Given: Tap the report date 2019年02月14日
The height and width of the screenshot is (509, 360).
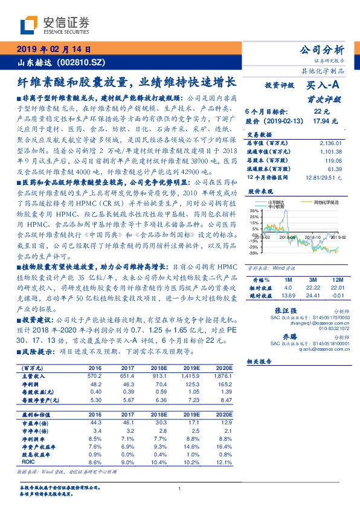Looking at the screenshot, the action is click(x=54, y=49).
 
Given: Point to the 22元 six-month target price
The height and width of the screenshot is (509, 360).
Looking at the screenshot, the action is click(x=321, y=111).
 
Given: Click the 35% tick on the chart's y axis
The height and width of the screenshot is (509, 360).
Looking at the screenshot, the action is click(x=253, y=210).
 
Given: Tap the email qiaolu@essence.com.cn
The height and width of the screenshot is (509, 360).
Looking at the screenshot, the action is click(x=307, y=348).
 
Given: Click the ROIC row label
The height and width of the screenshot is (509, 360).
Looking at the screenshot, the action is click(x=28, y=461).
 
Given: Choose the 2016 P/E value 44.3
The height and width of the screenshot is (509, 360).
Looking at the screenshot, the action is click(x=95, y=423).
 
